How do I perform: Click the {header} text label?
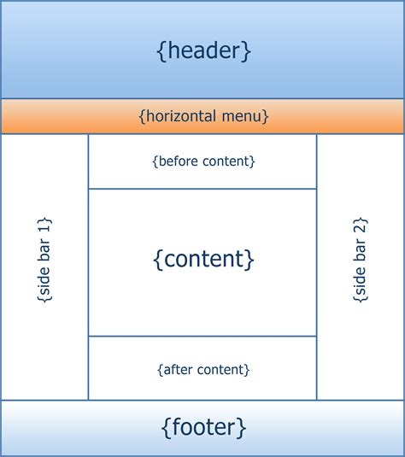click(203, 50)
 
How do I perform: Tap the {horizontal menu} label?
click(203, 116)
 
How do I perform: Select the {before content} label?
click(203, 161)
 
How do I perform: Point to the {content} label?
click(203, 258)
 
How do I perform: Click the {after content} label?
click(203, 370)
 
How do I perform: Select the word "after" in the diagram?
click(178, 370)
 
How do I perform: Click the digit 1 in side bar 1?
click(44, 225)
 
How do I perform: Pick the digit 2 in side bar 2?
click(360, 225)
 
